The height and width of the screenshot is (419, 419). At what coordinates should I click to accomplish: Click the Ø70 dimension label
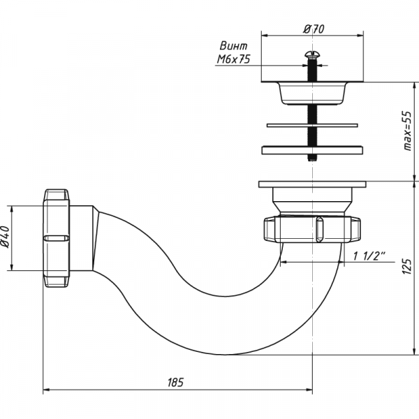coord(314,29)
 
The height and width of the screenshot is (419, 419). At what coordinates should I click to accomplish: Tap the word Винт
coord(233,46)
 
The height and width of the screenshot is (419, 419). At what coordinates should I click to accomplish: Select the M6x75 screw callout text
coord(233,59)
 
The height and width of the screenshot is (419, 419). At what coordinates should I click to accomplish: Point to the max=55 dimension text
coord(408,131)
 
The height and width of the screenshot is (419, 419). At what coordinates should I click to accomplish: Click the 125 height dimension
coord(407,266)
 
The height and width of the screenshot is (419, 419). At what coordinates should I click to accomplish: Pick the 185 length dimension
coord(175,383)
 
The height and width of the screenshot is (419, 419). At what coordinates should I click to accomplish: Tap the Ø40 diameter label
coord(6,237)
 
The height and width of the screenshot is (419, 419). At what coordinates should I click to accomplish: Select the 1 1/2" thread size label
coord(369,256)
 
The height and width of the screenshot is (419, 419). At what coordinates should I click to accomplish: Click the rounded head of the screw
coord(312,54)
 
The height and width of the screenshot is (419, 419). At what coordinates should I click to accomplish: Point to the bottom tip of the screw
coord(312,160)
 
